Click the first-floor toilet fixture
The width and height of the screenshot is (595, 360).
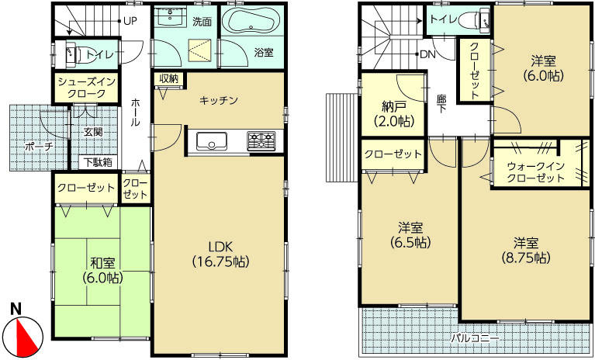tap(74, 54)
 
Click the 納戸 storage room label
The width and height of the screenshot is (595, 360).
tap(393, 107)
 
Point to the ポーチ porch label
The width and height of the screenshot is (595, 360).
tap(38, 145)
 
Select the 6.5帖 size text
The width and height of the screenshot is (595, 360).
tap(410, 242)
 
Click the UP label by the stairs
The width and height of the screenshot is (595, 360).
tap(129, 21)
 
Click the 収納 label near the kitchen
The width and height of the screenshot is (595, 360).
tap(169, 78)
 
